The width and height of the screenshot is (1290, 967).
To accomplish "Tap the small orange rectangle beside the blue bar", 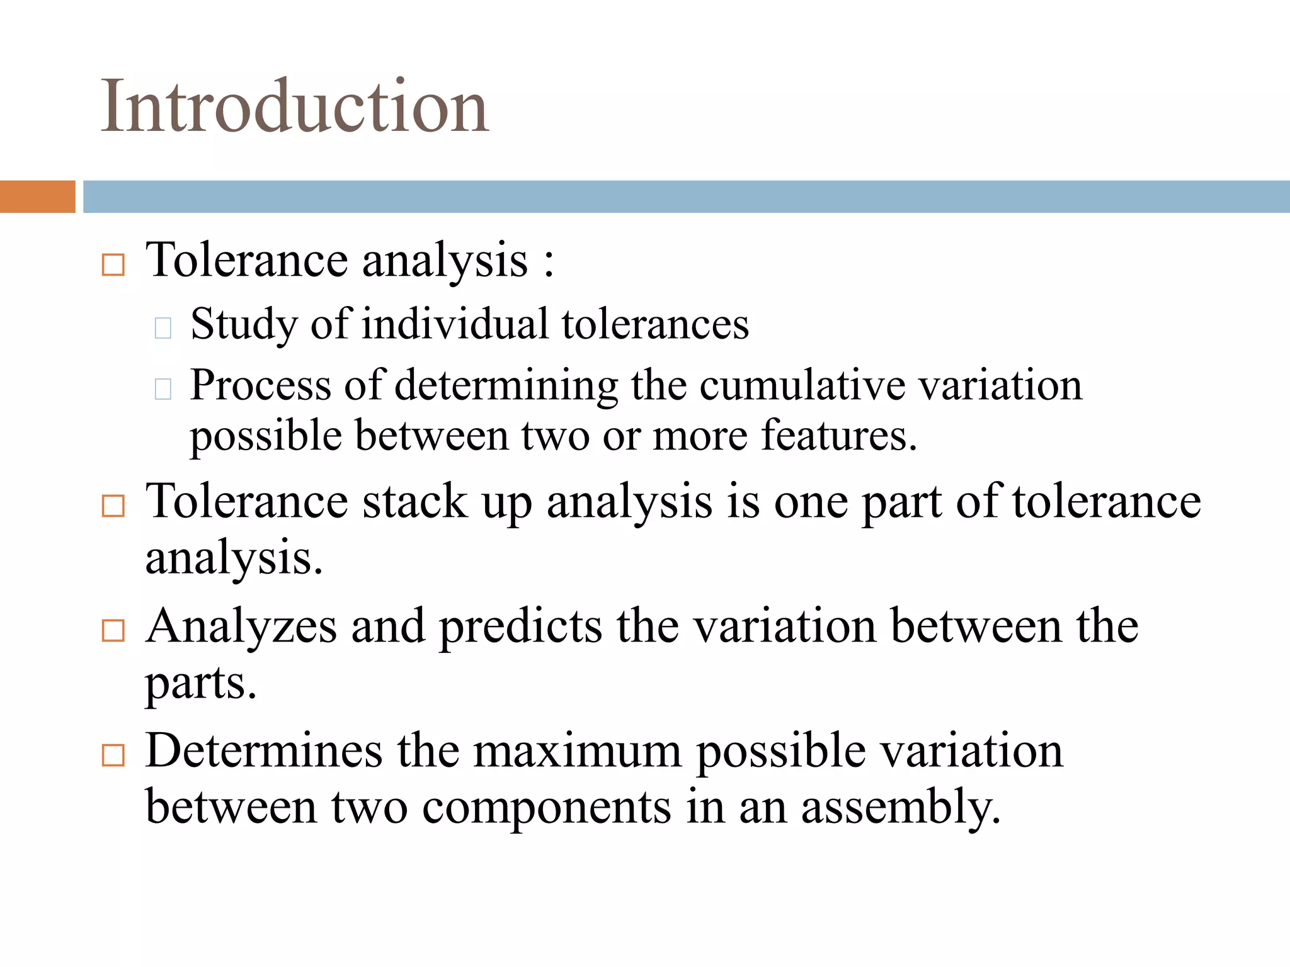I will coord(37,196).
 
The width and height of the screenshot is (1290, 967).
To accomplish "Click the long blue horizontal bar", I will coord(686,196).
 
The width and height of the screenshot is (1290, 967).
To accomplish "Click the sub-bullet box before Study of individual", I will coord(163,327).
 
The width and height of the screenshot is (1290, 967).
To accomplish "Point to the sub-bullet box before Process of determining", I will coord(163,388).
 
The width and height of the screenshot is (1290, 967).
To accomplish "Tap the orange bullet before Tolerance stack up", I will coord(113,506).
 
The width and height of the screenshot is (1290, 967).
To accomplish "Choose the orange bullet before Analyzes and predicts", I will coord(113,630).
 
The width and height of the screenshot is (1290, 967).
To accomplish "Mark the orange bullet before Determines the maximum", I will coord(113,754).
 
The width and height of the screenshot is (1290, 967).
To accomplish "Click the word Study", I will coord(244,325).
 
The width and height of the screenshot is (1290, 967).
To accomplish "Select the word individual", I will coord(455,324).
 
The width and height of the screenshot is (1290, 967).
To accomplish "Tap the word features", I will coord(839,436).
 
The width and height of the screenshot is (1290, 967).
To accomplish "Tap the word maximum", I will coord(578,751).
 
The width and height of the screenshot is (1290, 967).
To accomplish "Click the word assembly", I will coord(901,808).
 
